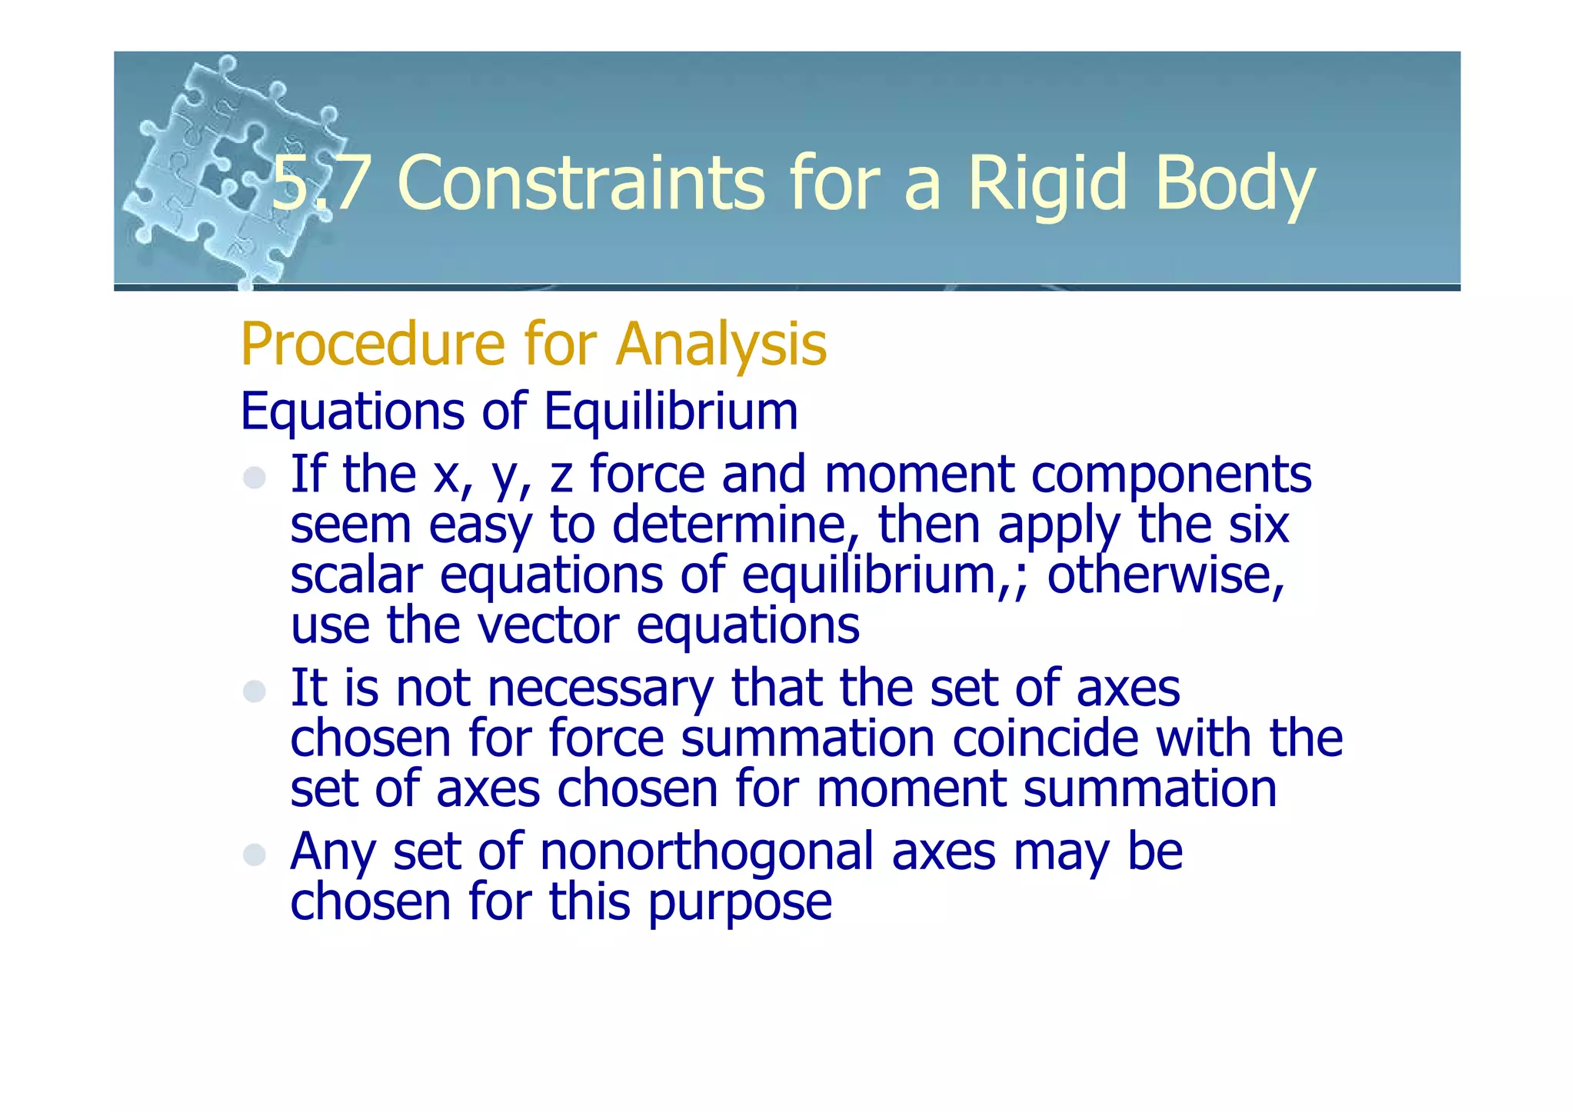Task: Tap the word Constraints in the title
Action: point(581,183)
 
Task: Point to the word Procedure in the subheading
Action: point(372,344)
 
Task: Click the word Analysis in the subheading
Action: point(721,344)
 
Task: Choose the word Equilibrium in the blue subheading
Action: point(671,411)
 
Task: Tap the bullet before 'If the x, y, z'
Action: point(255,478)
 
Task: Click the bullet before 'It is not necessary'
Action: point(255,691)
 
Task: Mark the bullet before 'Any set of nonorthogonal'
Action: point(255,855)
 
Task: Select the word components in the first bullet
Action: point(1170,475)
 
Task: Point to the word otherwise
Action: point(1164,575)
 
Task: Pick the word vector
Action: point(548,625)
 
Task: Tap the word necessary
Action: point(600,688)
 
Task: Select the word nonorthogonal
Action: point(707,851)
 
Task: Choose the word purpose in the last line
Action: point(740,902)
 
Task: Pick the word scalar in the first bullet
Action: point(356,575)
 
